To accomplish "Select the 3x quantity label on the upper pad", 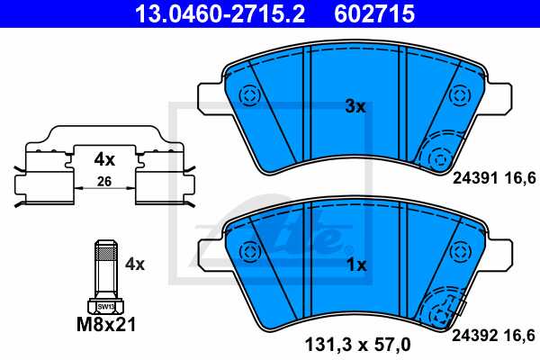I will (x=355, y=106).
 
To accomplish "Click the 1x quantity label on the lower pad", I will (x=356, y=265).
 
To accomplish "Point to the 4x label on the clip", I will (x=105, y=160).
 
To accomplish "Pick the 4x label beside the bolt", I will (x=135, y=265).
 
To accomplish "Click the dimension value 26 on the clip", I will (x=105, y=183).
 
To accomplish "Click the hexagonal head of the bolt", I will (x=105, y=305).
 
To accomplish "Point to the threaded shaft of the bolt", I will (x=105, y=265).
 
